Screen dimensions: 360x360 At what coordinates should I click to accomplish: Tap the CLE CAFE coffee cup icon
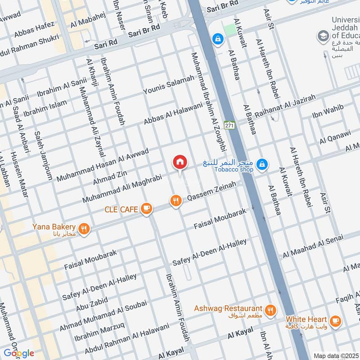[x=146, y=208]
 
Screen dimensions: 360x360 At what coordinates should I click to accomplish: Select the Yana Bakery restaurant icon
[x=83, y=229]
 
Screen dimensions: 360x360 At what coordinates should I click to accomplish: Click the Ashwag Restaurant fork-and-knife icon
[x=270, y=310]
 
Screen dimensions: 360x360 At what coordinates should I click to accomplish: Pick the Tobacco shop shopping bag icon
[x=263, y=165]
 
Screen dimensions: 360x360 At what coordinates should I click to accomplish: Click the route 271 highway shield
[x=230, y=126]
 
